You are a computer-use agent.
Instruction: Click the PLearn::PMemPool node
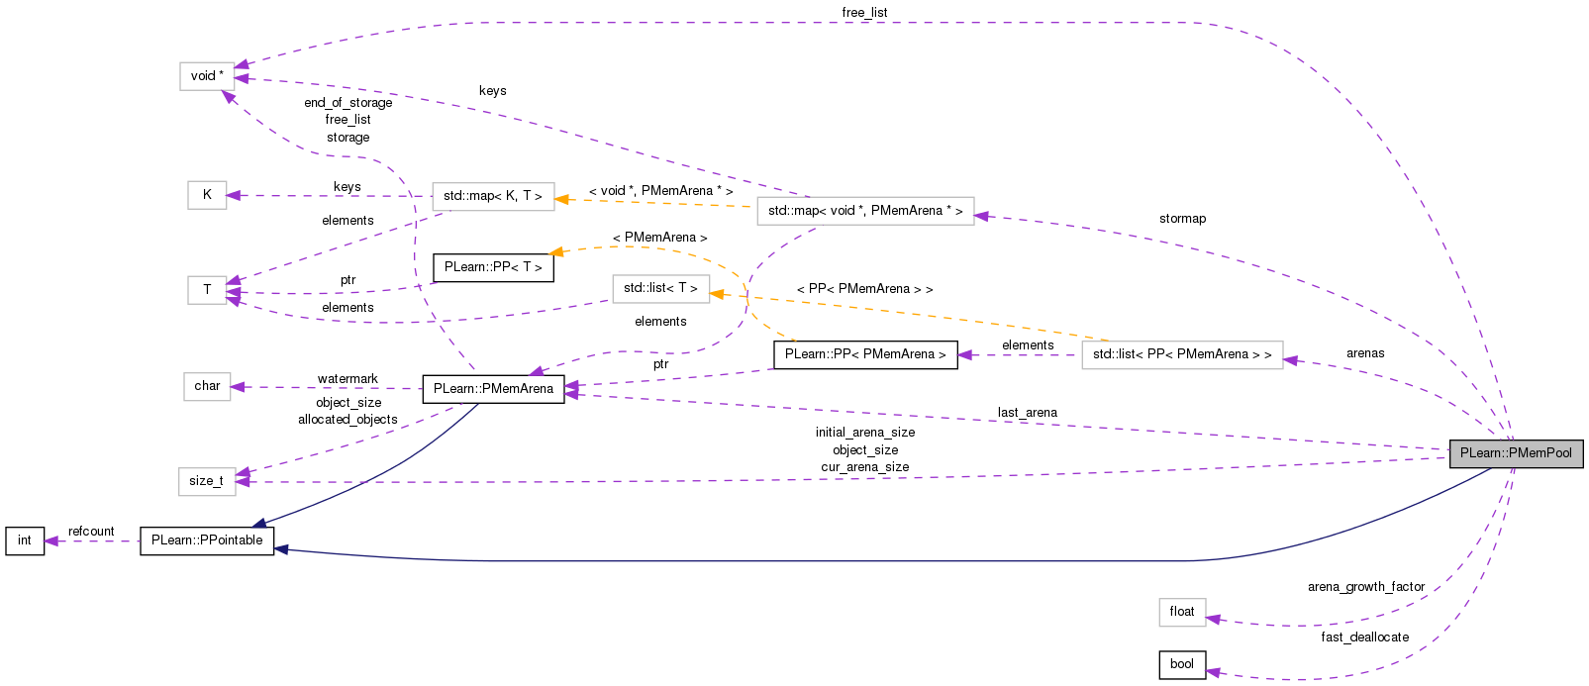[1516, 453]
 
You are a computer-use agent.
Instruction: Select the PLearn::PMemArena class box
[493, 389]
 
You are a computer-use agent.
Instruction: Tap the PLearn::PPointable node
[207, 540]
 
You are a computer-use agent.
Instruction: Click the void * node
[207, 76]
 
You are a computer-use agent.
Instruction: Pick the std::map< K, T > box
[492, 196]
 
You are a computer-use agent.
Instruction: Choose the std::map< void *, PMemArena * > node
[864, 211]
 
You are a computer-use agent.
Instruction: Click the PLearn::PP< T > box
[492, 267]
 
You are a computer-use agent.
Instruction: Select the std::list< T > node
[660, 288]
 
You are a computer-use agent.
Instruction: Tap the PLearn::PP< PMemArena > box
[864, 354]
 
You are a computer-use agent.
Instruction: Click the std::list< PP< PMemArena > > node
[1181, 354]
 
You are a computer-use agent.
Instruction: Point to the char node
[207, 386]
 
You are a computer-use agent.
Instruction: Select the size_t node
[206, 481]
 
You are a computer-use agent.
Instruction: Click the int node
[25, 540]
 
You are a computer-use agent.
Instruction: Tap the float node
[1181, 612]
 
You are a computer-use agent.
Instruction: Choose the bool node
[1181, 664]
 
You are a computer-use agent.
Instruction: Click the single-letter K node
[207, 195]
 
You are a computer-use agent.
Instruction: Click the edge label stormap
[1182, 219]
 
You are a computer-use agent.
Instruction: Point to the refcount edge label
[91, 532]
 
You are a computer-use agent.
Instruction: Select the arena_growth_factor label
[1365, 587]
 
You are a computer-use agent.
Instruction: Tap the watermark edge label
[348, 379]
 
